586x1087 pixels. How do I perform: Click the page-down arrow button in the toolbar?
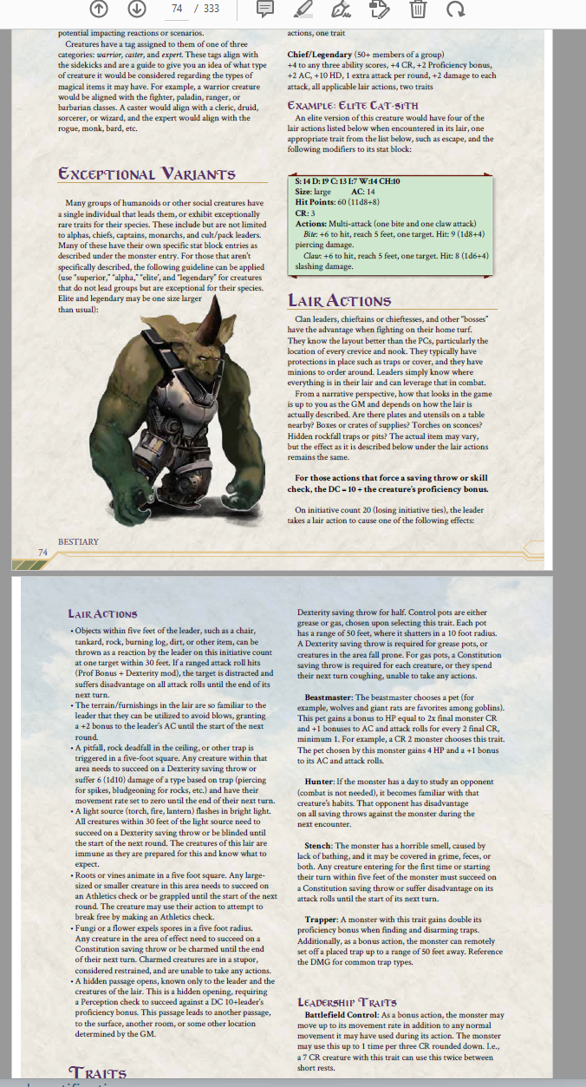(136, 10)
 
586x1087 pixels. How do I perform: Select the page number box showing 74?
(177, 10)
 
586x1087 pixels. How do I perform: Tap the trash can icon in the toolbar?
(417, 10)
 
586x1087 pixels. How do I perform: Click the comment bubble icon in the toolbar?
(266, 10)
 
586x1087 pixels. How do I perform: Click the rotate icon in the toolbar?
(455, 10)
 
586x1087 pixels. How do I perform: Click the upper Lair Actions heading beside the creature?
(339, 301)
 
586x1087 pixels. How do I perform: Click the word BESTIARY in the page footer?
(79, 541)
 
